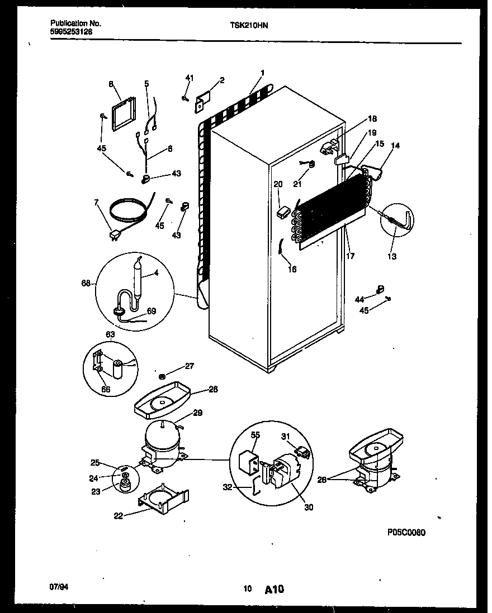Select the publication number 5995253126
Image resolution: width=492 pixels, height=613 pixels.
tap(72, 32)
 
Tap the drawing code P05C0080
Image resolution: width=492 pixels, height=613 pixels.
tap(406, 533)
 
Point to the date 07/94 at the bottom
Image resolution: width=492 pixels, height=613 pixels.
tap(58, 588)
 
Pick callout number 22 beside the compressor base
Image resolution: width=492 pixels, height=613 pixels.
tap(118, 515)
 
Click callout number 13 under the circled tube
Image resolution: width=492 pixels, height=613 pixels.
tap(392, 257)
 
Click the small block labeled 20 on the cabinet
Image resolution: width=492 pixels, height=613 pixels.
tap(283, 212)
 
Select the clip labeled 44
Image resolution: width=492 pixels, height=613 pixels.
tap(381, 288)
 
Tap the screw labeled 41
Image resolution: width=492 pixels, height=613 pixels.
tap(184, 98)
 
